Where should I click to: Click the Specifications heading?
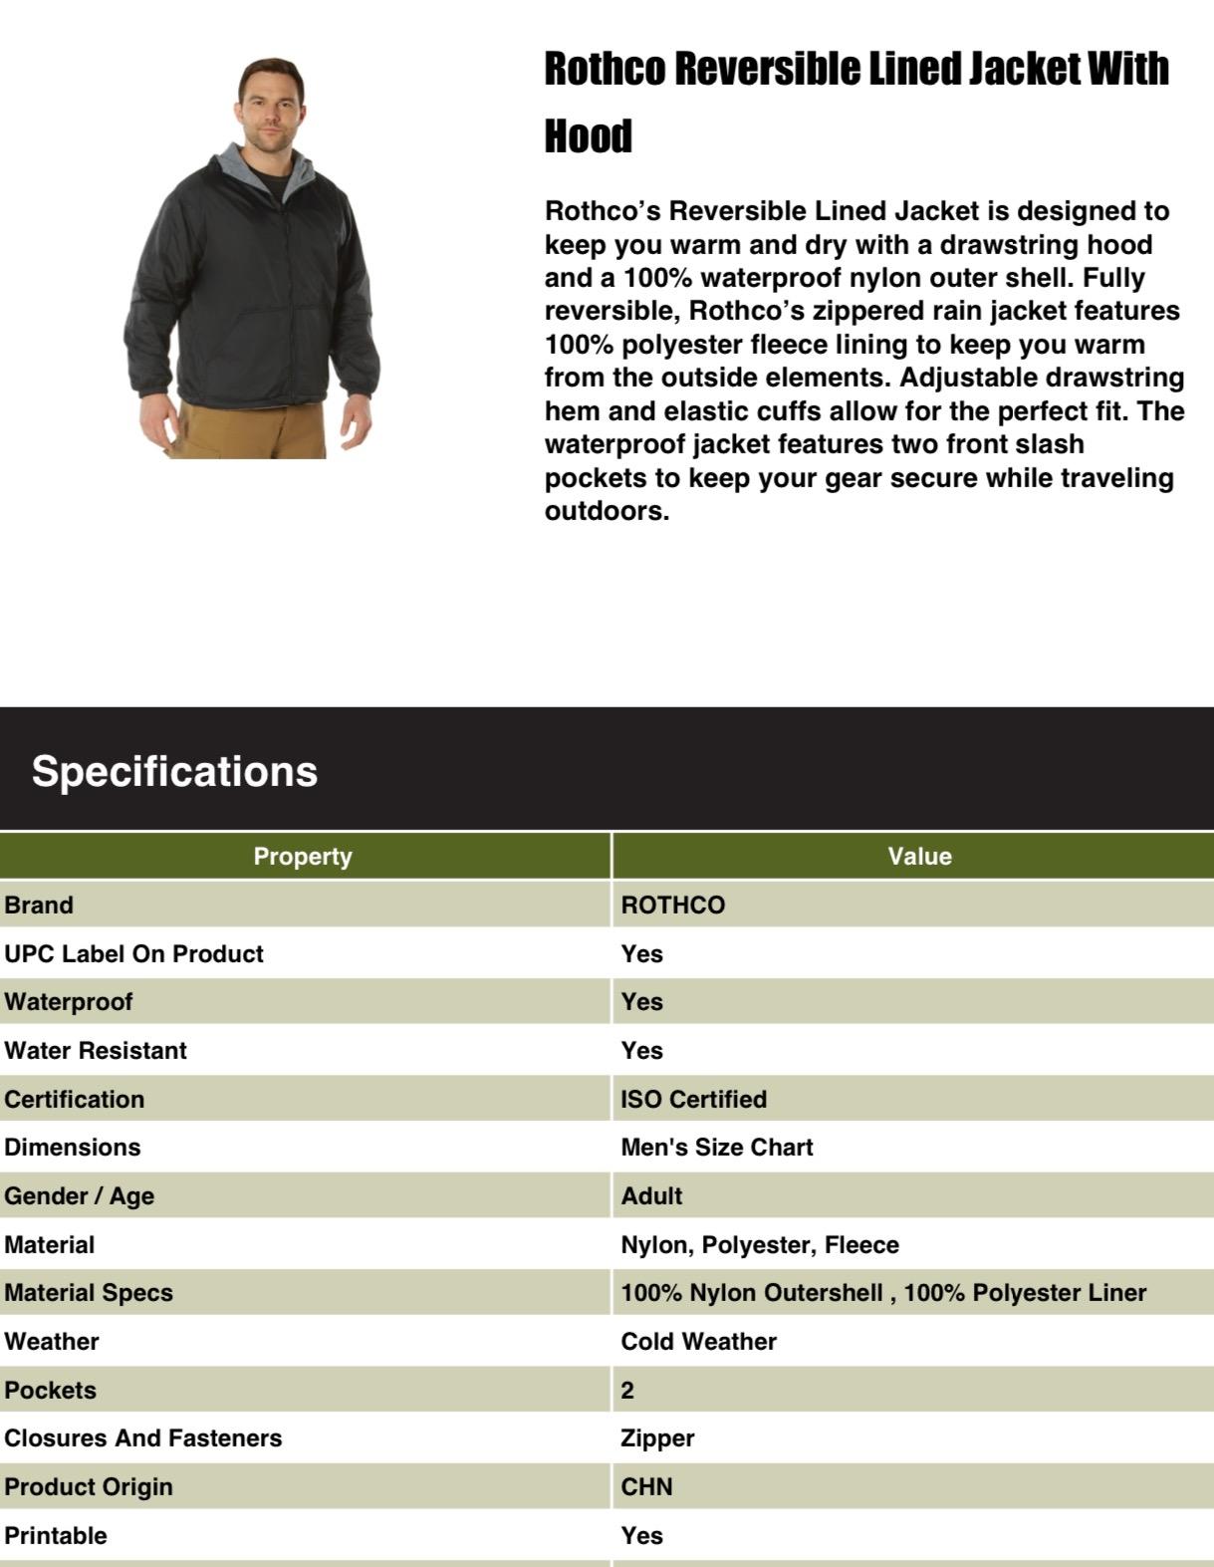point(174,772)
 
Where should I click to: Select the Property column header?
point(303,857)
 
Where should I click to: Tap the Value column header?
point(919,857)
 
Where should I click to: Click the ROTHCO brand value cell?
point(673,906)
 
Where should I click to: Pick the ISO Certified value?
point(694,1100)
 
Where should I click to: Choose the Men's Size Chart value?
point(717,1148)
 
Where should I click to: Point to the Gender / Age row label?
point(80,1196)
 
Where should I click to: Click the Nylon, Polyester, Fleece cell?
point(760,1245)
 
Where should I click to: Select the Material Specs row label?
point(89,1293)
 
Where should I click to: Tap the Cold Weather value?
point(699,1342)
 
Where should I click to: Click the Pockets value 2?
point(627,1391)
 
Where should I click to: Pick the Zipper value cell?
point(657,1438)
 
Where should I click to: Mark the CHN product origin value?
point(647,1487)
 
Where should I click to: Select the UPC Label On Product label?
point(133,954)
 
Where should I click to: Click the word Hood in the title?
point(589,136)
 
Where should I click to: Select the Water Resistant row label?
point(96,1051)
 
